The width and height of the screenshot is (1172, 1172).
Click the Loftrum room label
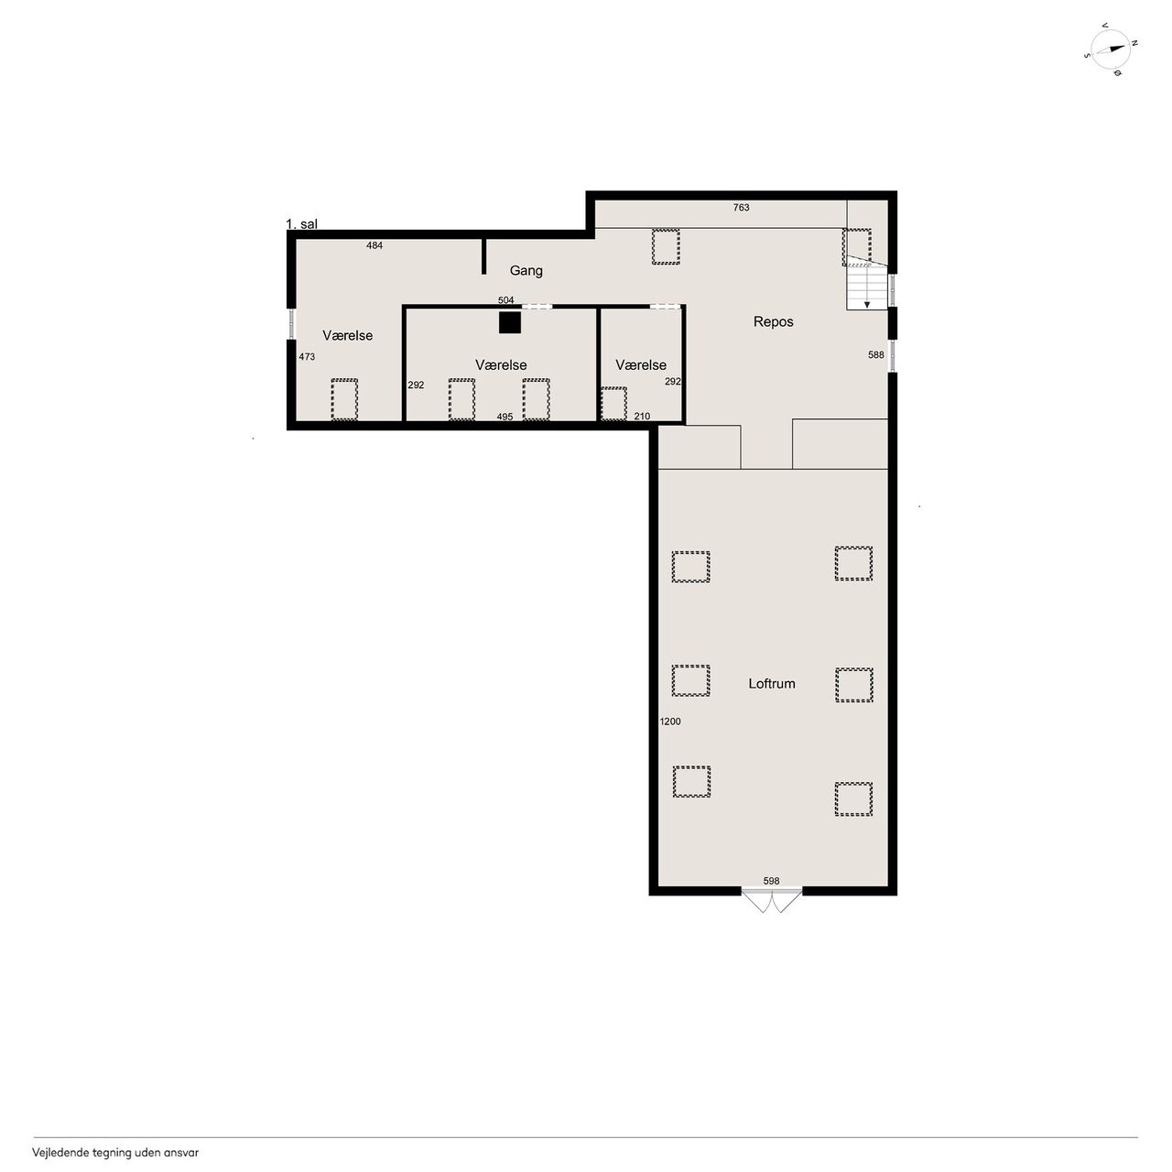pos(771,684)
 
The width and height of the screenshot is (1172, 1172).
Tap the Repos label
pos(773,321)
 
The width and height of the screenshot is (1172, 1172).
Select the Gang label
pos(526,271)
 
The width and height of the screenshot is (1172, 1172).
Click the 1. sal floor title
pos(301,223)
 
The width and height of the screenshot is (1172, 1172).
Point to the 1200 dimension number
pos(670,722)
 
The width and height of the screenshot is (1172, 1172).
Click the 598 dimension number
pos(771,881)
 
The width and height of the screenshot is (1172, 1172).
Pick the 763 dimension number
pos(741,208)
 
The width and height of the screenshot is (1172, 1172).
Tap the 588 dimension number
pos(876,355)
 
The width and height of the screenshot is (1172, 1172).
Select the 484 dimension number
pos(374,245)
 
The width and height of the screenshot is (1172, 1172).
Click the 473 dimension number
pos(307,357)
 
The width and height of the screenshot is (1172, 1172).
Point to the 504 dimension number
pos(506,299)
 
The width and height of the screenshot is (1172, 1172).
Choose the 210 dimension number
pos(642,417)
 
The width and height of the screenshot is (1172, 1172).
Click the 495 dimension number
pos(505,417)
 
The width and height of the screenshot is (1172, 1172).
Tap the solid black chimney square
pos(510,322)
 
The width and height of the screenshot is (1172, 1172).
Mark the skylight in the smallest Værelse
pos(613,403)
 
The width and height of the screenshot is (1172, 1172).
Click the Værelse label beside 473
pos(347,336)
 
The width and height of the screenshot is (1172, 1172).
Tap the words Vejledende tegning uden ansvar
pos(115,1153)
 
